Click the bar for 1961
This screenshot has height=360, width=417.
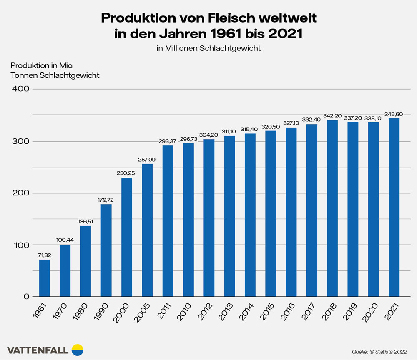44,278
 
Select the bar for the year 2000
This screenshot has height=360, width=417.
127,237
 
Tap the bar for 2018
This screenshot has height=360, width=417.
332,208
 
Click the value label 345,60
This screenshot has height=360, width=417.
394,114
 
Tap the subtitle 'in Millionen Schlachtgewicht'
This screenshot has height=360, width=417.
208,48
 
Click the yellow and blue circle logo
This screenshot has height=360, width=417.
78,350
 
